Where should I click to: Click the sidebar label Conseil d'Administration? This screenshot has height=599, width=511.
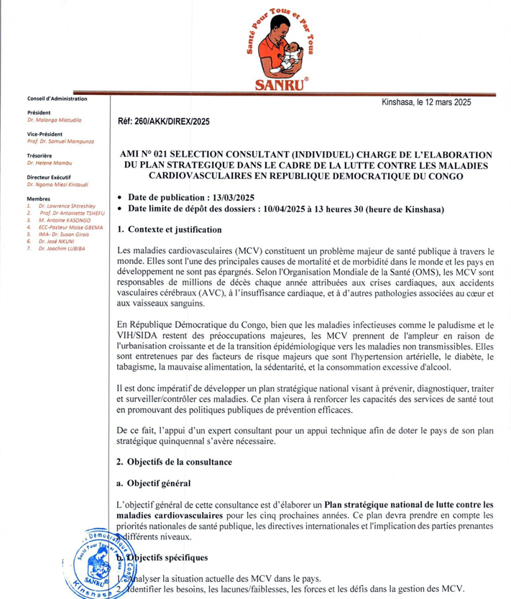pos(56,99)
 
